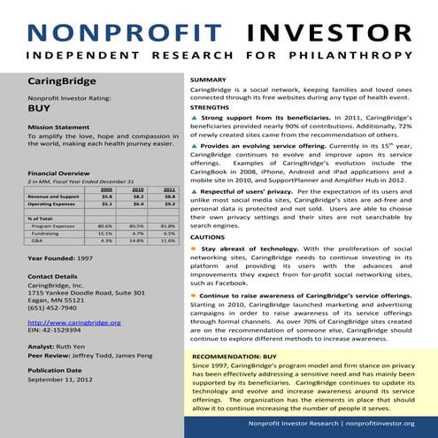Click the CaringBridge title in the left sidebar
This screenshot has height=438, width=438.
click(61, 81)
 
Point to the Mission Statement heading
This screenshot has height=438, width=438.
click(58, 127)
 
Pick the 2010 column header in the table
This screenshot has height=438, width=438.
click(137, 189)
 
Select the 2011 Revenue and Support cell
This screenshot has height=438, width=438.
click(168, 196)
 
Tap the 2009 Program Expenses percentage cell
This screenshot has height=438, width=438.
click(106, 226)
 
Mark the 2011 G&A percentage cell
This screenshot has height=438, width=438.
click(168, 240)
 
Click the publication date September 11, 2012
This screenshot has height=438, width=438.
click(59, 379)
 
